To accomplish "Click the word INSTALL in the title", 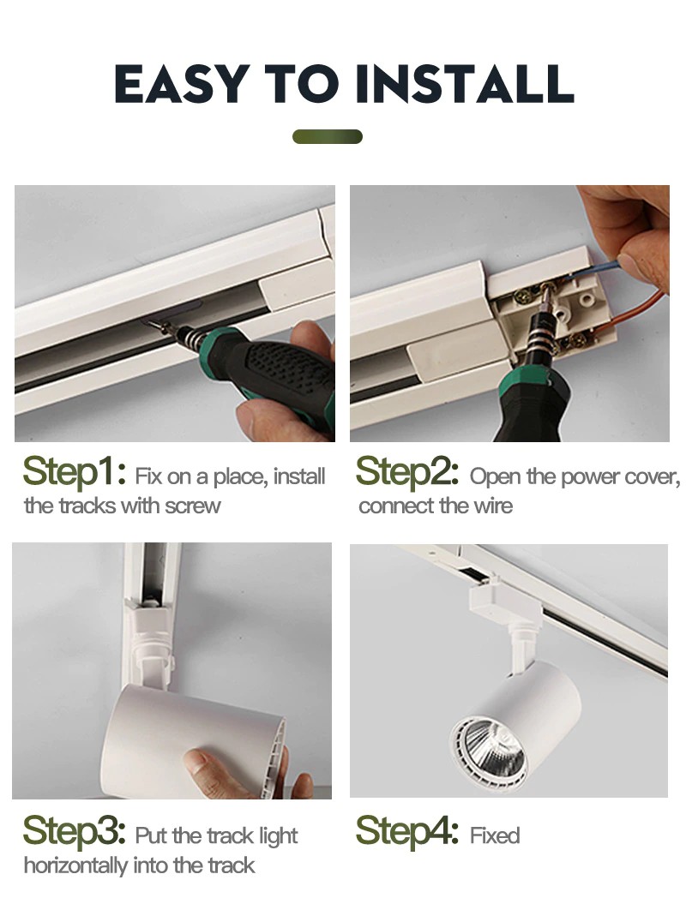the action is click(465, 83).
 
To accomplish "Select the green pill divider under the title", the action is click(327, 137).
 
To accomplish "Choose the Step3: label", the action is click(75, 832).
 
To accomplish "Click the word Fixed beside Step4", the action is click(495, 835).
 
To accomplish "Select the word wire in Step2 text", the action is click(493, 506).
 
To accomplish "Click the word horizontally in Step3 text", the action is click(75, 865).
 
